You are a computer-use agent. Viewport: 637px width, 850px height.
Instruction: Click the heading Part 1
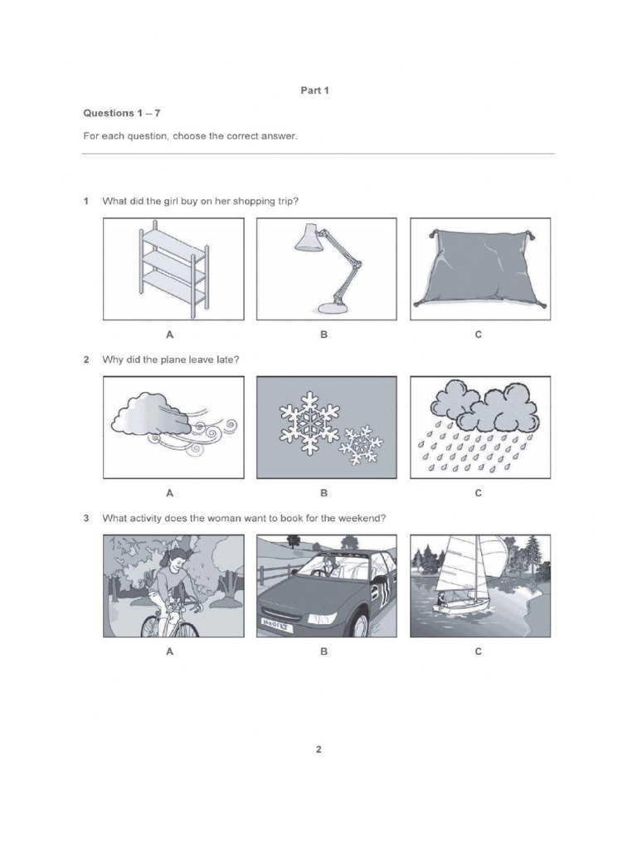[314, 90]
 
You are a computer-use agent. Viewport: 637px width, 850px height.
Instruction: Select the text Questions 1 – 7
[121, 113]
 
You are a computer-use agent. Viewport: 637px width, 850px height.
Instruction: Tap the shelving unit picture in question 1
[173, 269]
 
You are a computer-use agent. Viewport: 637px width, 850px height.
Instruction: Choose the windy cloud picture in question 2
[173, 427]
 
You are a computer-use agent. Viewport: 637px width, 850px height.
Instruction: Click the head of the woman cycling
[177, 558]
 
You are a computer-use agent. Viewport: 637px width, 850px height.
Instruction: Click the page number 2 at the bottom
[318, 750]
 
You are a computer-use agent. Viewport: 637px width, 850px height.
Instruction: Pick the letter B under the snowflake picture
[324, 493]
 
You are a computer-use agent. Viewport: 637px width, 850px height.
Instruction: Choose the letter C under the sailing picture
[479, 652]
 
